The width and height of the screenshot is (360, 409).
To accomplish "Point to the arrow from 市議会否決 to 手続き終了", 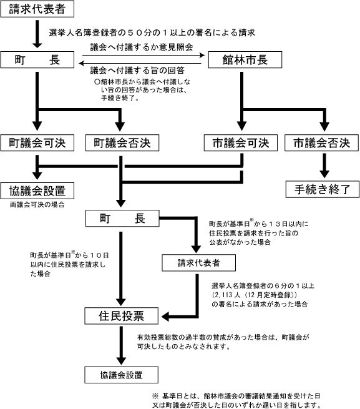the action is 324,165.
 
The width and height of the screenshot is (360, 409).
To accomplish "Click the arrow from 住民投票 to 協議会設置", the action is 121,345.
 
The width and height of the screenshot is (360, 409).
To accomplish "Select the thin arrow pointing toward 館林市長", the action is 144,55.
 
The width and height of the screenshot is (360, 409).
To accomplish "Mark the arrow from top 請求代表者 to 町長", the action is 37,34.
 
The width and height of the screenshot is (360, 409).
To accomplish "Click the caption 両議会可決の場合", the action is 37,205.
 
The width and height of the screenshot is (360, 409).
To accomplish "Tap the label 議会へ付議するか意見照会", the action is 142,47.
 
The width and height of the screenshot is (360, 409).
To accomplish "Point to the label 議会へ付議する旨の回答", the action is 137,70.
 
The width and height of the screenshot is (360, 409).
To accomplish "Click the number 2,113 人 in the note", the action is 226,295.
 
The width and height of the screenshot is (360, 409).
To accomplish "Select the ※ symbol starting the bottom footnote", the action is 155,396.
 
